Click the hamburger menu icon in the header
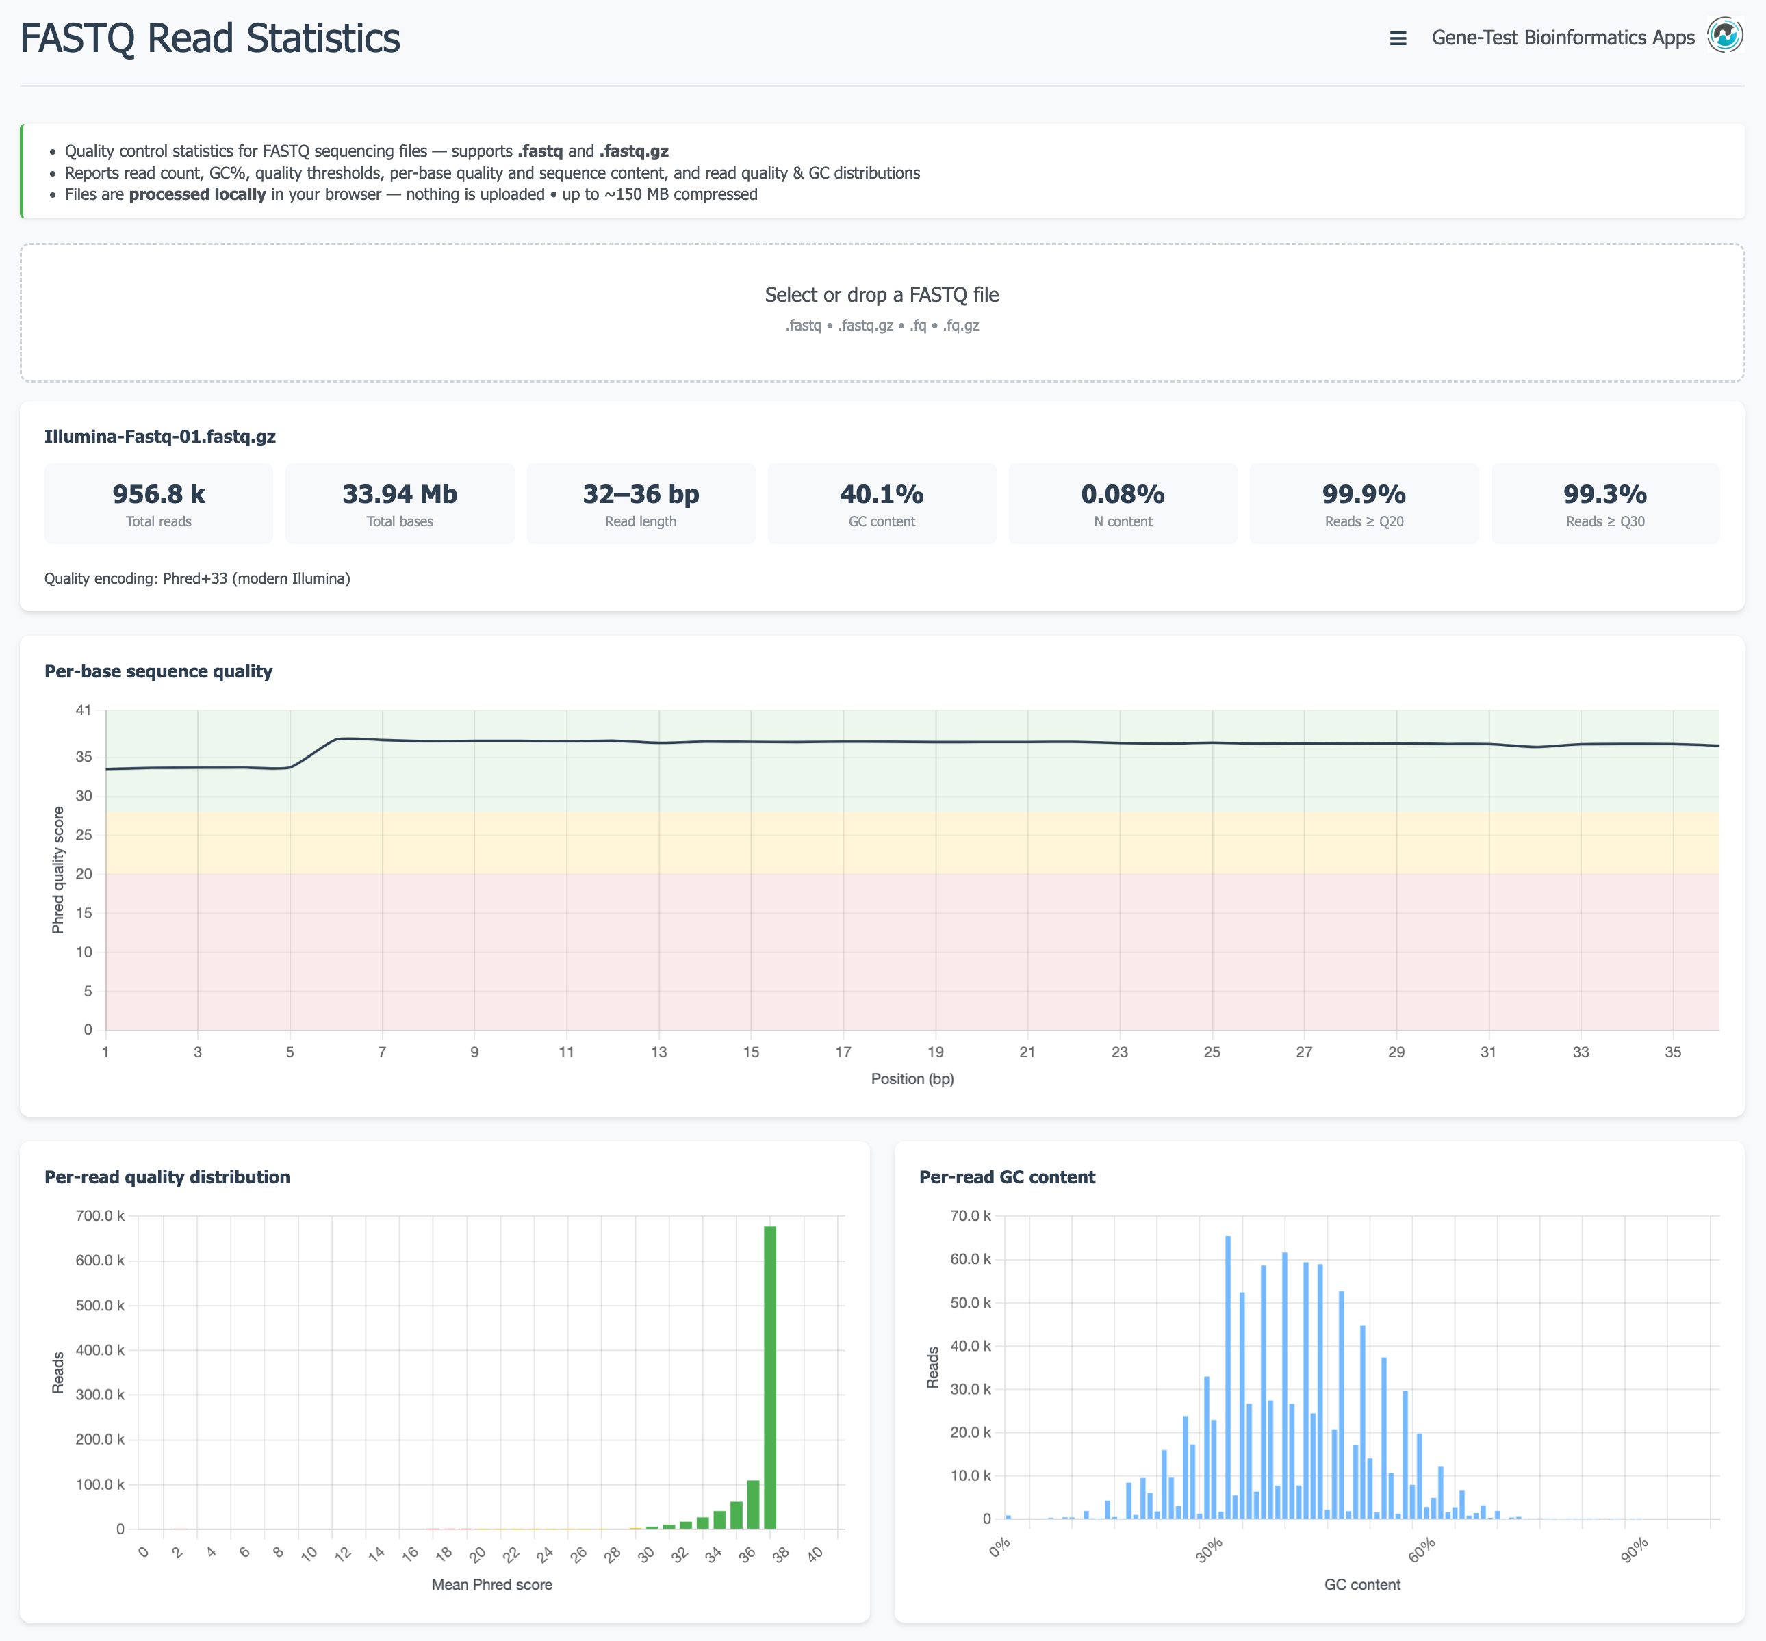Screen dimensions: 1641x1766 coord(1397,38)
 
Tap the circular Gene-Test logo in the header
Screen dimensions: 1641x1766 coord(1724,36)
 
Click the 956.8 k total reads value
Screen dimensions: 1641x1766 coord(158,493)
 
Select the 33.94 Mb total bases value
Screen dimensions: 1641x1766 coord(400,493)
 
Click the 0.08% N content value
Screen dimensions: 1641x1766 coord(1122,493)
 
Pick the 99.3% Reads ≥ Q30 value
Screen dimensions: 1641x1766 coord(1604,493)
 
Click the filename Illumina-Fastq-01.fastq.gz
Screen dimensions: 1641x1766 coord(160,437)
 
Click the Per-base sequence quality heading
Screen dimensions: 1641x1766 coord(158,671)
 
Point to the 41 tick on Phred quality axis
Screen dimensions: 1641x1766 coord(84,710)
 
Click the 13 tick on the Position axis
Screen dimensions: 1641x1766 coord(658,1052)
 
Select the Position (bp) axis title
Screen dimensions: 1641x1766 coord(912,1079)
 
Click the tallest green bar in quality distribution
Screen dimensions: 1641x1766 coord(769,1376)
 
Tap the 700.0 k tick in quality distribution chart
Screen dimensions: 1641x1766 coord(99,1215)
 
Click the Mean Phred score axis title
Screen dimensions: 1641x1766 coord(491,1585)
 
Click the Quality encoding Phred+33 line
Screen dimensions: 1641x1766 coord(197,579)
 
